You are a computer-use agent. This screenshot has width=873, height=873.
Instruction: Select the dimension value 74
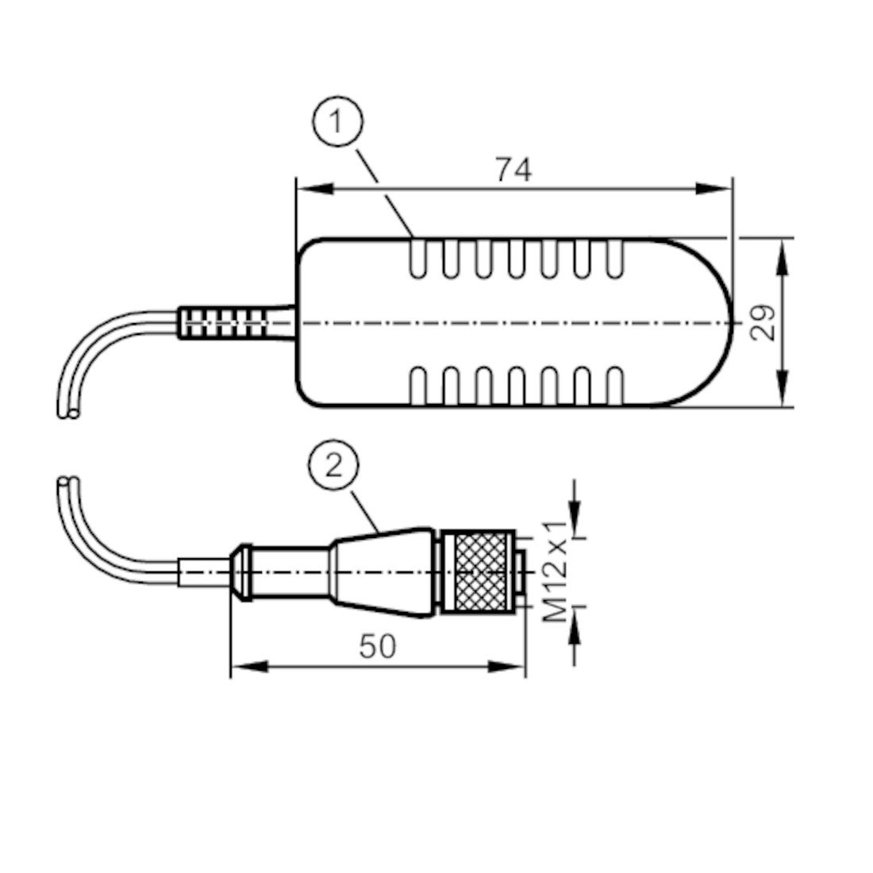click(513, 169)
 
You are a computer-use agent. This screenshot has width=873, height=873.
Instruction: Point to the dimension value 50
click(377, 647)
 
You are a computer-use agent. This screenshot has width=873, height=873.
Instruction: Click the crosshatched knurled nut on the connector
click(479, 572)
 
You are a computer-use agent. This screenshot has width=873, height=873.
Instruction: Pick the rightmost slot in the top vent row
click(616, 259)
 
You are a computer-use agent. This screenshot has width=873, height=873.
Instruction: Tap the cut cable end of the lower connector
click(65, 483)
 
